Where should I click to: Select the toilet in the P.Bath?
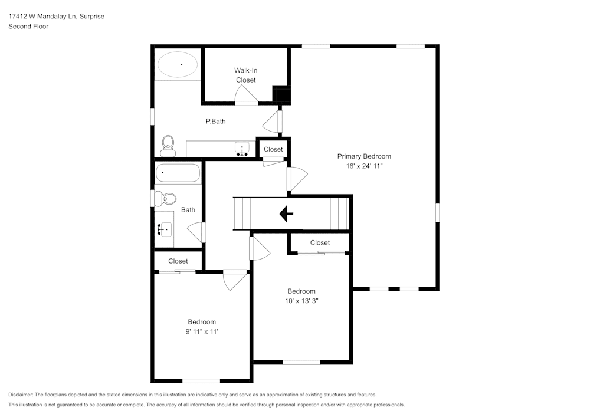click(x=168, y=144)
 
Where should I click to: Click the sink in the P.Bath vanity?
click(x=242, y=149)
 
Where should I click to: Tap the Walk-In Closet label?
click(x=245, y=75)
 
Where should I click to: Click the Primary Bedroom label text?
click(x=364, y=156)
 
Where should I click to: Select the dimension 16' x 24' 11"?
click(x=364, y=166)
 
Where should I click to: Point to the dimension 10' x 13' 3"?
click(x=301, y=301)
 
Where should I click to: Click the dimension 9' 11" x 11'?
click(x=202, y=331)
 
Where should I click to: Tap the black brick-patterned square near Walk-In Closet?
click(x=281, y=94)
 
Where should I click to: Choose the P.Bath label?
click(x=215, y=122)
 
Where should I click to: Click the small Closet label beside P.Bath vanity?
click(x=273, y=149)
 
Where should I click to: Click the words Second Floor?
click(x=28, y=27)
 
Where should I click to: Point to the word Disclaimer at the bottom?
click(x=21, y=395)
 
